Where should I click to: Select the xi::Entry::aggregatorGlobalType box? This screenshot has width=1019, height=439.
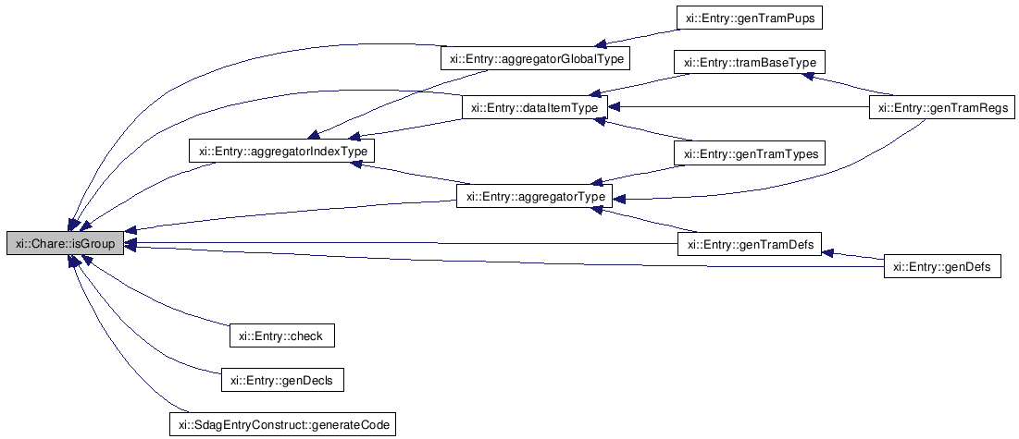click(535, 59)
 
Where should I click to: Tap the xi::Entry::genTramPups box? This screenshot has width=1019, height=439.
click(749, 18)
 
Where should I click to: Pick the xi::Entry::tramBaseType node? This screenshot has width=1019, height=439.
click(749, 63)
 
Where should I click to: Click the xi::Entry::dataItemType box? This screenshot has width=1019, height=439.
click(534, 108)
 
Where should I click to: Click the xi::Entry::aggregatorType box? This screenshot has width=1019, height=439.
click(535, 197)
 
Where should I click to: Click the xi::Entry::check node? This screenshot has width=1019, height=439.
click(281, 335)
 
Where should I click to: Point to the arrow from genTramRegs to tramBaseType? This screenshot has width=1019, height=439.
click(851, 86)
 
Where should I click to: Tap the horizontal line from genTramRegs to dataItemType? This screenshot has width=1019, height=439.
click(740, 108)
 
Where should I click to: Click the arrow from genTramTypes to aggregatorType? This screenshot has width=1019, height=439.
click(639, 175)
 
